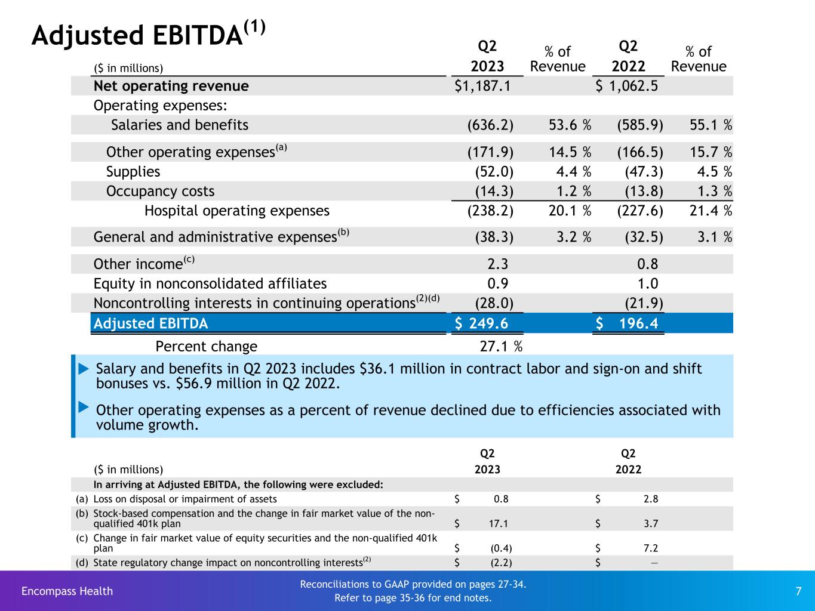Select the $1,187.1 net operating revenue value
point(482,86)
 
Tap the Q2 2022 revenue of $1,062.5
point(627,86)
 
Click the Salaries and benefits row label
point(179,125)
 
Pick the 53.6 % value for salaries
point(569,125)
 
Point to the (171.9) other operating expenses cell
point(490,152)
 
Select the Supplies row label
point(133,172)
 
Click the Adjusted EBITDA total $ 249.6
point(482,323)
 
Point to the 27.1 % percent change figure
point(501,347)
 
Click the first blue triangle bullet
point(84,369)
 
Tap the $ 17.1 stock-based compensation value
point(497,524)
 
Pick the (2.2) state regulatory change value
point(501,562)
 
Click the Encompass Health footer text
point(67,591)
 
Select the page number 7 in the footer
point(798,591)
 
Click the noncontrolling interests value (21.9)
point(644,303)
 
